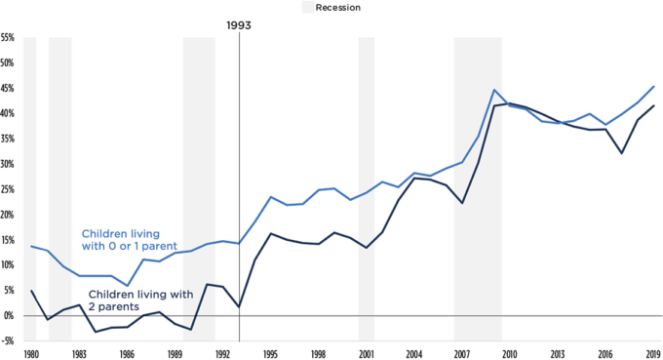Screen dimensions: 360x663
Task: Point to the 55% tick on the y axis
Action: coord(8,38)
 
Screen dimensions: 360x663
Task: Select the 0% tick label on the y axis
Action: coord(10,316)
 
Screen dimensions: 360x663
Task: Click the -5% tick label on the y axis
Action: coord(8,341)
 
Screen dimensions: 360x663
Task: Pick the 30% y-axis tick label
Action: coord(8,164)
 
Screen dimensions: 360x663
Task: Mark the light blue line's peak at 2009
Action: coord(494,90)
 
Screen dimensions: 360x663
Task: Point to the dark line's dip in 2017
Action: coord(621,153)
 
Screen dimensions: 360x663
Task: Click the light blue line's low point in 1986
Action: coord(127,286)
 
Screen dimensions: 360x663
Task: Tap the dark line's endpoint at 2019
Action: coord(653,105)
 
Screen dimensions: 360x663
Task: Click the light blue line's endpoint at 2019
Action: coord(653,86)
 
